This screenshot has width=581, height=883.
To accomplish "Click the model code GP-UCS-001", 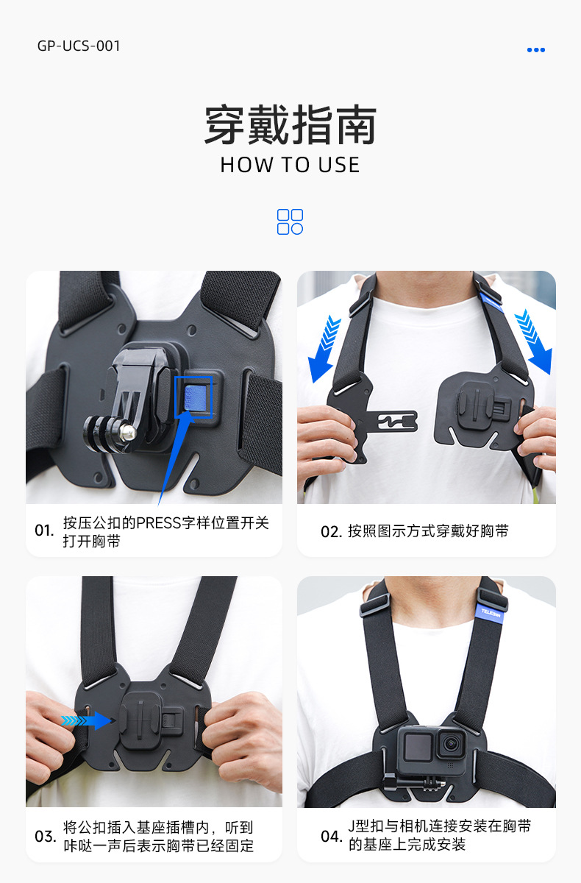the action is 79,46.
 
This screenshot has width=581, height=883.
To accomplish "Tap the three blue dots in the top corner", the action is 535,50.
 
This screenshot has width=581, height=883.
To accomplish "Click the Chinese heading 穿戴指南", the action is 290,125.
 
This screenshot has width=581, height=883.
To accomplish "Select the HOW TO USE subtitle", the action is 290,165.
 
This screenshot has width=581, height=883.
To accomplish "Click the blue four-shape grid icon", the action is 290,221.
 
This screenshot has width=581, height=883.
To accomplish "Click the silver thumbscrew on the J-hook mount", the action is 127,432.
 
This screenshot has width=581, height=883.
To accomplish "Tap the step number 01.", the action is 44,531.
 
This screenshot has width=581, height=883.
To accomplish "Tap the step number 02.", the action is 331,532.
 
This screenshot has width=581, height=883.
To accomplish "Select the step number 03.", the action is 45,837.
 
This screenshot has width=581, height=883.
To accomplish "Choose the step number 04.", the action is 331,837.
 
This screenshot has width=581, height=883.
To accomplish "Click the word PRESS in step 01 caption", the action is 158,523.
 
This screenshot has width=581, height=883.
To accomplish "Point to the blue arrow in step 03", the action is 86,720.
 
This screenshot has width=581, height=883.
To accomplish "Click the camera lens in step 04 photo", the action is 451,743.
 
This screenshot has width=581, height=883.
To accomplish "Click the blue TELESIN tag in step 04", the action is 490,613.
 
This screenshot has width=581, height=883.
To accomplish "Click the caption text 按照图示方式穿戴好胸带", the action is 428,531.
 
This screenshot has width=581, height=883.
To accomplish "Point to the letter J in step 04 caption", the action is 352,826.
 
